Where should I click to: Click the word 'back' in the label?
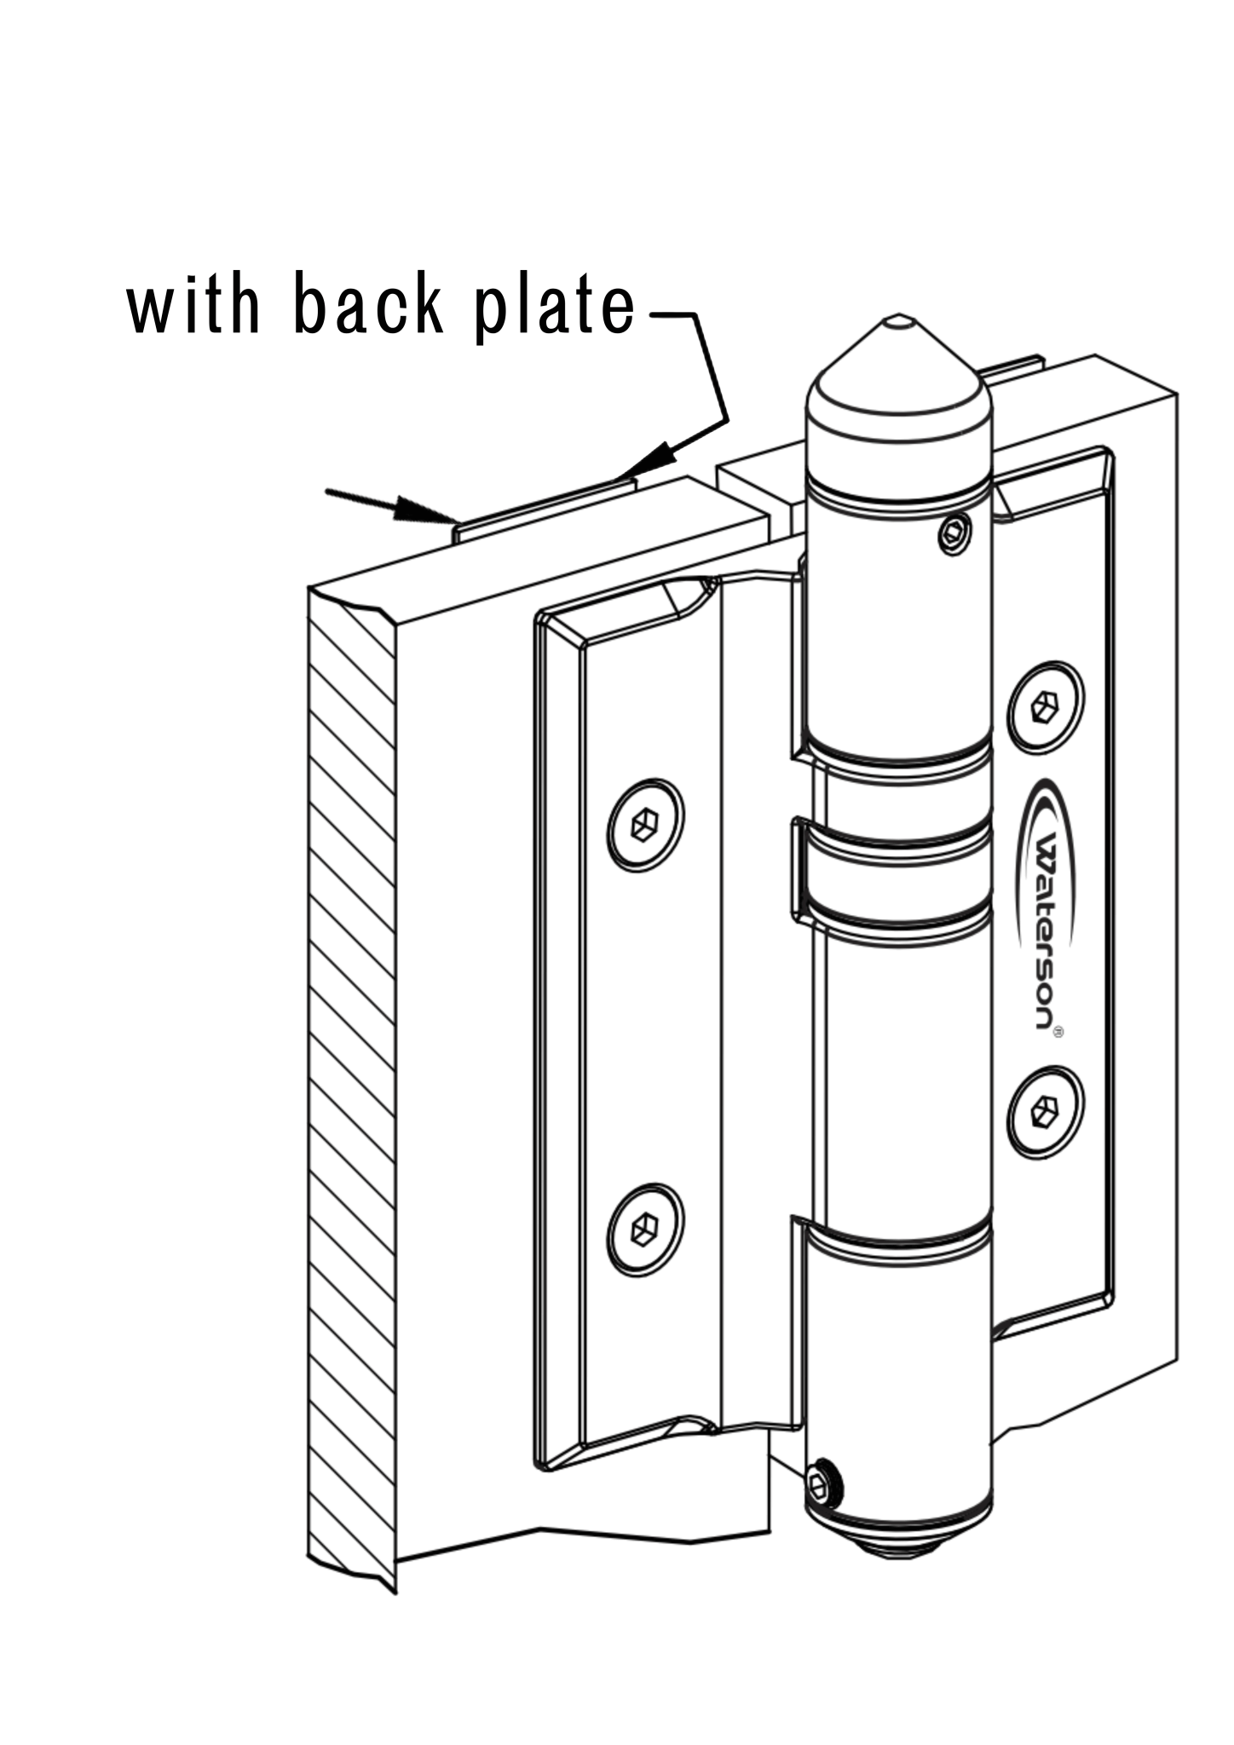(368, 305)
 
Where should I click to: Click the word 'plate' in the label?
(555, 308)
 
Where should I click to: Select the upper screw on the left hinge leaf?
(645, 825)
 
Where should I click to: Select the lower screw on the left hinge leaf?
(645, 1230)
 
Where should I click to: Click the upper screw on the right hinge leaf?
(1045, 707)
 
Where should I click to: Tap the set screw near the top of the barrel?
(954, 535)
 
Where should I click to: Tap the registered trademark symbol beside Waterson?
(1058, 1032)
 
